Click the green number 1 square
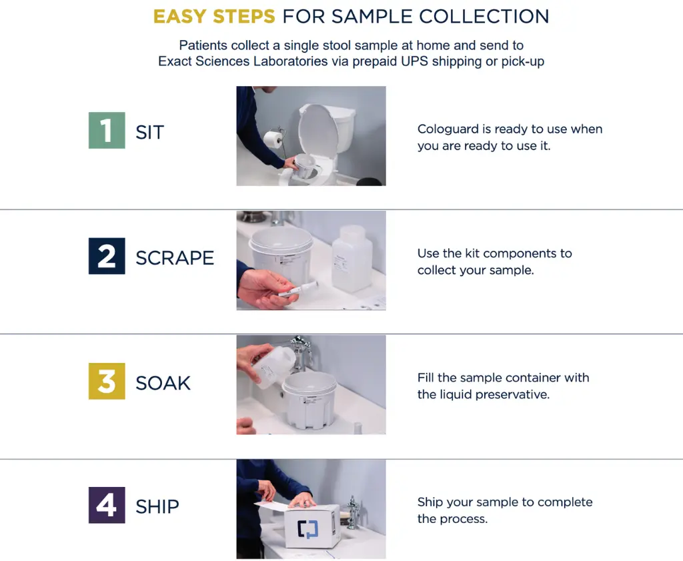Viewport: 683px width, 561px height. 107,130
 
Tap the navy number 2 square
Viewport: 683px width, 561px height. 107,256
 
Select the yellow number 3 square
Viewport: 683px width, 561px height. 107,381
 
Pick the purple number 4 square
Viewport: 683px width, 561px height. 107,505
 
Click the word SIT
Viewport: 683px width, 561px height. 150,132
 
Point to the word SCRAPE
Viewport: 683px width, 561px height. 175,258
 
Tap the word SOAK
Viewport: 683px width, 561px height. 163,384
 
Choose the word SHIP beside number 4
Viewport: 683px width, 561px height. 157,507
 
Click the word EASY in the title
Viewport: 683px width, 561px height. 179,17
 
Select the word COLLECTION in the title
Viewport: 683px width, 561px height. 484,17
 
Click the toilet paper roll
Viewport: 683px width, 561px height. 273,139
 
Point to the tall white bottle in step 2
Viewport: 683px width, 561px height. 352,259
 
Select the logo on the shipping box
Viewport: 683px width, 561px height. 307,529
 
